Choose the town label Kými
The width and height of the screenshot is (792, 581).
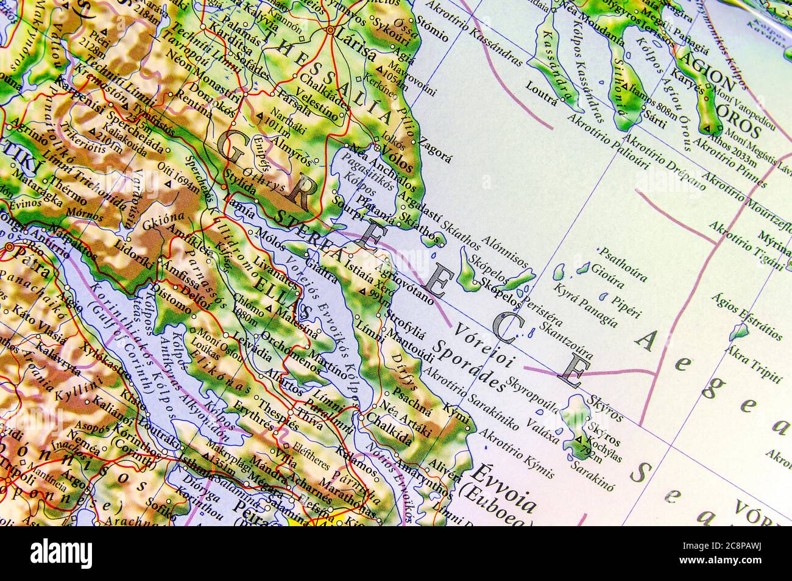point(458,412)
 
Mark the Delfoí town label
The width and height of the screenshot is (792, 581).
point(194,293)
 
